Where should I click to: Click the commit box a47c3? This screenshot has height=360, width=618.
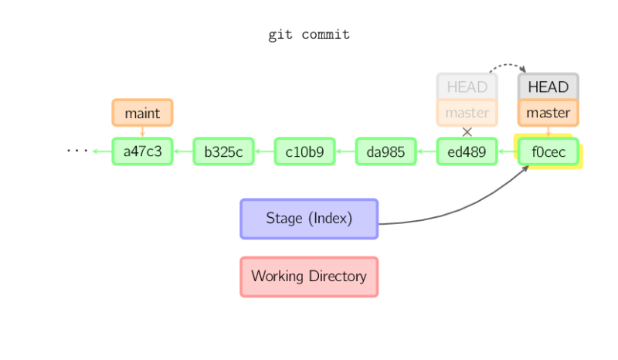[142, 151]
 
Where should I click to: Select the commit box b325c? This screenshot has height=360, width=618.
[223, 151]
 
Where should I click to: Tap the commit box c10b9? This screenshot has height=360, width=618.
[304, 151]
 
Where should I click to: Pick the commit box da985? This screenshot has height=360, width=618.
[385, 151]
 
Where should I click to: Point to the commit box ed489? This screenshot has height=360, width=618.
[467, 151]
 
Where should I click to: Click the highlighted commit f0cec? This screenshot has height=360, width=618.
[548, 152]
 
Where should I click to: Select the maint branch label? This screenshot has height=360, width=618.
[142, 113]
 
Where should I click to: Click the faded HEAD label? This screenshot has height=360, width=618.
[467, 87]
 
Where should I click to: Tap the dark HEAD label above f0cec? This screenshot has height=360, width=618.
[548, 87]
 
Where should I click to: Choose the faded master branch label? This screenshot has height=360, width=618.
[467, 113]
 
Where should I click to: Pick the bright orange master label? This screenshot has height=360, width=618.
[548, 113]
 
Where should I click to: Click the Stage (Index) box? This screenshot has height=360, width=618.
[308, 219]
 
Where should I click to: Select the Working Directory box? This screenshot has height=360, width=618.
[308, 277]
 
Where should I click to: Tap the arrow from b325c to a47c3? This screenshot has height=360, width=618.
[182, 151]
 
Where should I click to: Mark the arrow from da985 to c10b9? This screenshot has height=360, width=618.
[345, 151]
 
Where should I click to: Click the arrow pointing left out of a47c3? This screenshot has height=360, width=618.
[101, 151]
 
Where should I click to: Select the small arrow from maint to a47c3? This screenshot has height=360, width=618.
[142, 131]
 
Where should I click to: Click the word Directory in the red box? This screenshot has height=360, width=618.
[337, 277]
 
